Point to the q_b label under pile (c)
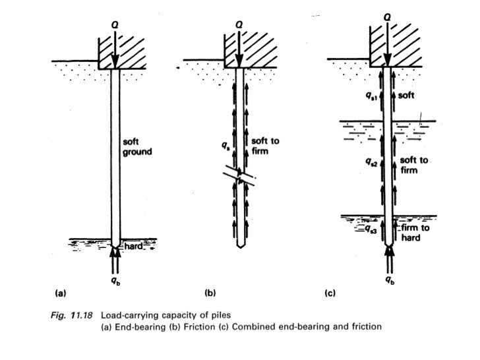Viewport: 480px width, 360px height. pyautogui.click(x=389, y=280)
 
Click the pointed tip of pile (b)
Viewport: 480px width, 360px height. pyautogui.click(x=241, y=247)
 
